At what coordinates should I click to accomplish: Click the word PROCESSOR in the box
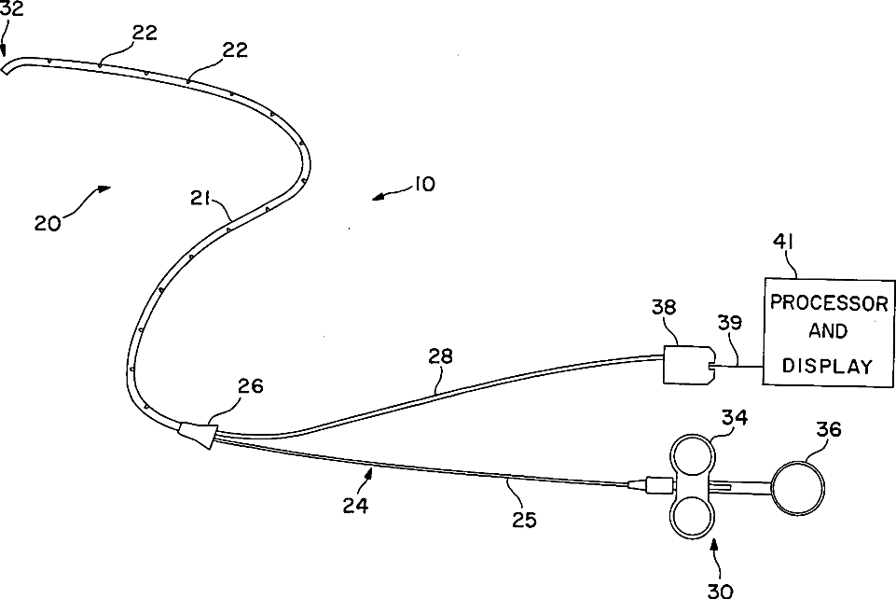pyautogui.click(x=829, y=304)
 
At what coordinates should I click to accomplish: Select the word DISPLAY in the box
pyautogui.click(x=828, y=366)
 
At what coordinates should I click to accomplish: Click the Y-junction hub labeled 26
pyautogui.click(x=198, y=433)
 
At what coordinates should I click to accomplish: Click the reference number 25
pyautogui.click(x=524, y=519)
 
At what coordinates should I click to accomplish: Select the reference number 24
pyautogui.click(x=354, y=505)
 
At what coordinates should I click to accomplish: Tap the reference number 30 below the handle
pyautogui.click(x=720, y=589)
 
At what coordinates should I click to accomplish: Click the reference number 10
pyautogui.click(x=422, y=184)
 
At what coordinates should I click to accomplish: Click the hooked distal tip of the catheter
pyautogui.click(x=10, y=69)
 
